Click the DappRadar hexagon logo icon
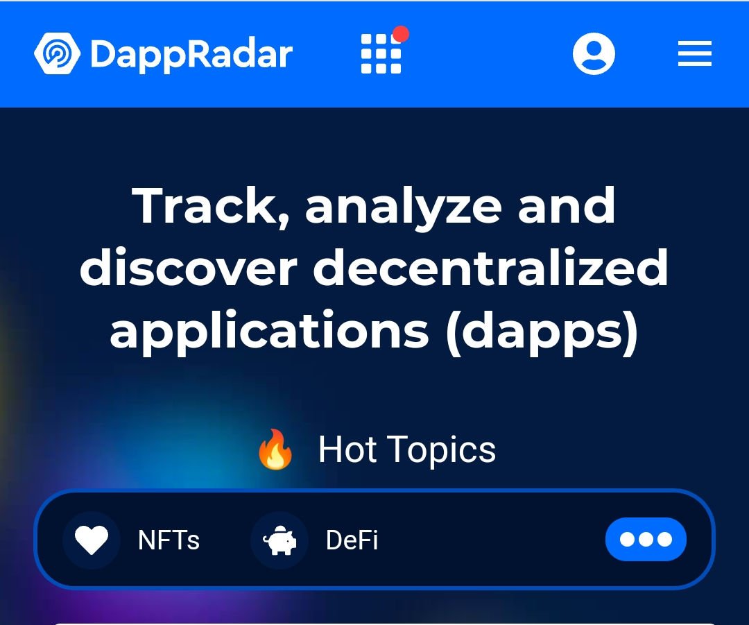[x=58, y=53]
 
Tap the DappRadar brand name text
[x=191, y=55]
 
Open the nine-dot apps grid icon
[x=381, y=54]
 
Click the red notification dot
[x=400, y=35]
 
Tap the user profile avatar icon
[x=594, y=53]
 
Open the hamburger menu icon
[x=694, y=53]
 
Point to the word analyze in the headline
[x=404, y=208]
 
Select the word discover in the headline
[x=189, y=266]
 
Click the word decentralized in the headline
[x=490, y=266]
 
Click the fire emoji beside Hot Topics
[x=275, y=450]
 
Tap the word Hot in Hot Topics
[x=347, y=450]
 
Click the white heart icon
[x=92, y=540]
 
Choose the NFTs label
[x=169, y=540]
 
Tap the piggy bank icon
[x=279, y=541]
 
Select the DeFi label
[x=352, y=540]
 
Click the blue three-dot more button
[x=646, y=540]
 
